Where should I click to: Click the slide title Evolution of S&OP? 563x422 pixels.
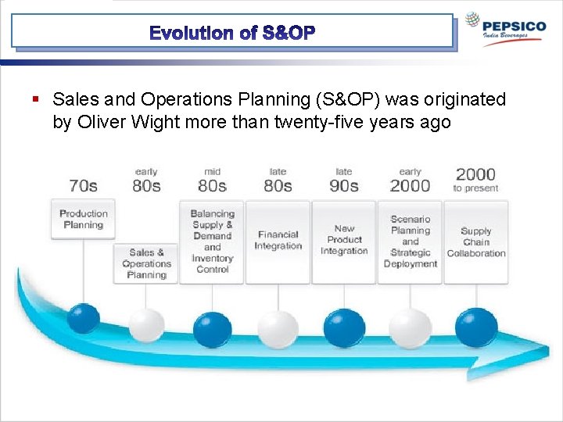pyautogui.click(x=232, y=33)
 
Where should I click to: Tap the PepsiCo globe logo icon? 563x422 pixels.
pyautogui.click(x=472, y=21)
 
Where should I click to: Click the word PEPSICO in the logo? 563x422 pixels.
pyautogui.click(x=515, y=26)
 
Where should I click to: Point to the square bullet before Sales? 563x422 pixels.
pyautogui.click(x=36, y=100)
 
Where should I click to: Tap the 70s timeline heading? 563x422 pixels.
pyautogui.click(x=83, y=185)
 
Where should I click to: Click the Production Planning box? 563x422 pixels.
pyautogui.click(x=83, y=219)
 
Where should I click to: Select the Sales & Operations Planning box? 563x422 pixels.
pyautogui.click(x=146, y=263)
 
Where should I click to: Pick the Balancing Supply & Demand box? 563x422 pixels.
pyautogui.click(x=212, y=241)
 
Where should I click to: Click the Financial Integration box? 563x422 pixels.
pyautogui.click(x=278, y=241)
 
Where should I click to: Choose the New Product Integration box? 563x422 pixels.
pyautogui.click(x=344, y=241)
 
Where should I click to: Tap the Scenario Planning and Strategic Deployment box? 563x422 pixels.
pyautogui.click(x=410, y=241)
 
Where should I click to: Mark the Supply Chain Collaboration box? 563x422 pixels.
pyautogui.click(x=476, y=241)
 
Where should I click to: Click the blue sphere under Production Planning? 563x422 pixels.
pyautogui.click(x=83, y=318)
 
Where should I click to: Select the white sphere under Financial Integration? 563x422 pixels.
pyautogui.click(x=278, y=329)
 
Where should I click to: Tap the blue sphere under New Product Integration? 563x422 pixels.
pyautogui.click(x=344, y=328)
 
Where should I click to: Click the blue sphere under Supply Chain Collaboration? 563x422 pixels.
pyautogui.click(x=476, y=327)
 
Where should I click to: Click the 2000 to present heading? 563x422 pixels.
pyautogui.click(x=475, y=179)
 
